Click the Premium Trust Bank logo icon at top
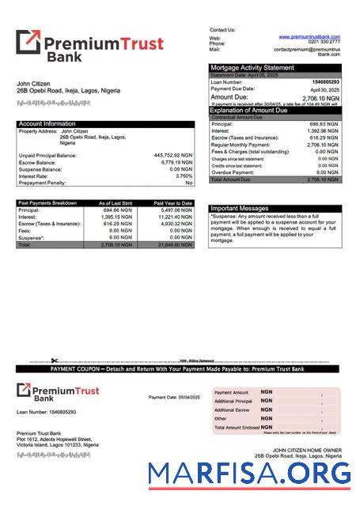coord(28,42)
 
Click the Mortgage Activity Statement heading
coord(251,68)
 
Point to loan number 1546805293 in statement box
coord(325,82)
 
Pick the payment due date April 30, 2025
coord(326,89)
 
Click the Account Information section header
coord(47,123)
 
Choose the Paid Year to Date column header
coord(172,203)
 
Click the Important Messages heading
coord(240,209)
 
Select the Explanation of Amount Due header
coord(260,110)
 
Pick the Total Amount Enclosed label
coord(236,427)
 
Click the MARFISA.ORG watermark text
coord(250,474)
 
